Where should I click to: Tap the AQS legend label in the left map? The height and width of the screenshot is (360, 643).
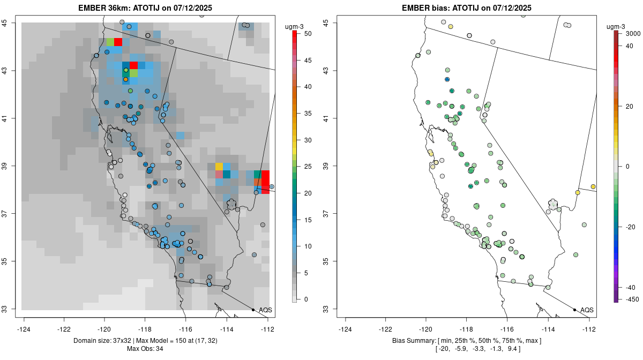pyautogui.click(x=265, y=310)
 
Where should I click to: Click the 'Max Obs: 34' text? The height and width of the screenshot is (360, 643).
pyautogui.click(x=145, y=349)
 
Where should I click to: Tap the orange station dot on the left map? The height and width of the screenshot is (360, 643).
pyautogui.click(x=126, y=79)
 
